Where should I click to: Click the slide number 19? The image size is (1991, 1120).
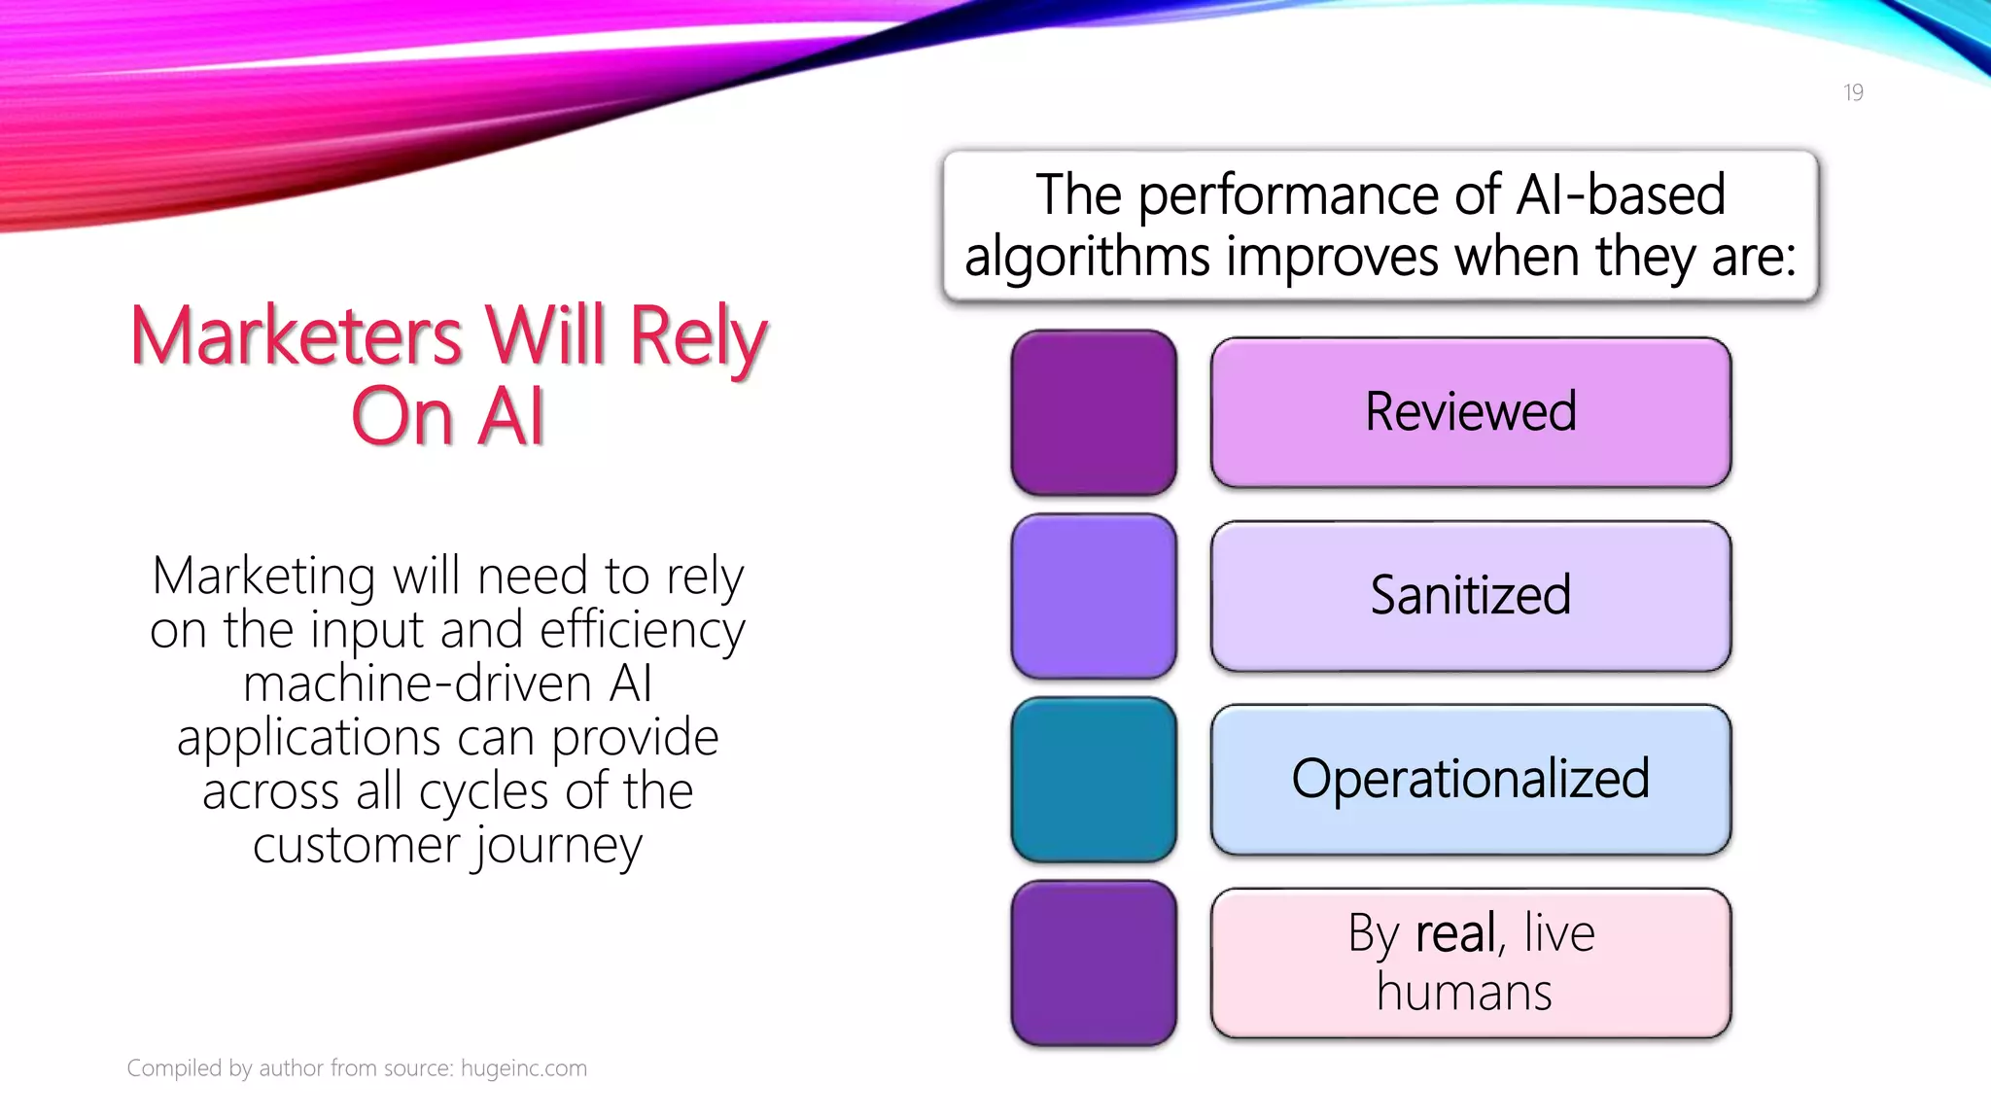coord(1853,92)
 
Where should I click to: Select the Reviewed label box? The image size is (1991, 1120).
coord(1470,412)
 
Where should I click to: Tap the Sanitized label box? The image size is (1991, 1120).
coord(1470,595)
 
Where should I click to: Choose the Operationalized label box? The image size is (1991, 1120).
coord(1470,779)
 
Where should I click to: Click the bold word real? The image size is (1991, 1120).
coord(1455,933)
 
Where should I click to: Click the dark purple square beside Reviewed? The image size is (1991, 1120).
coord(1094,412)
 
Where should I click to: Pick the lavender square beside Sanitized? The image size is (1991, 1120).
coord(1094,596)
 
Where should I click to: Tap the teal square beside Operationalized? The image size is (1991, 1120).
coord(1094,780)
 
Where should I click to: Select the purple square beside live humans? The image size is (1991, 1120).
coord(1094,962)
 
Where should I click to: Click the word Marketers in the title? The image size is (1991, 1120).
coord(296,336)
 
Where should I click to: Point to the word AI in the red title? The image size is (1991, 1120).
coord(511,417)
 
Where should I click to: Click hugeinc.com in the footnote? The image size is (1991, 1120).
coord(523,1068)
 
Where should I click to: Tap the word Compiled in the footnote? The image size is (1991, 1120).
coord(174,1068)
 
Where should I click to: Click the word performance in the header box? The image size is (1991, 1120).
coord(1292,195)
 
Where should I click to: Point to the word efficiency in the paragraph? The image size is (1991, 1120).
coord(642,630)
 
